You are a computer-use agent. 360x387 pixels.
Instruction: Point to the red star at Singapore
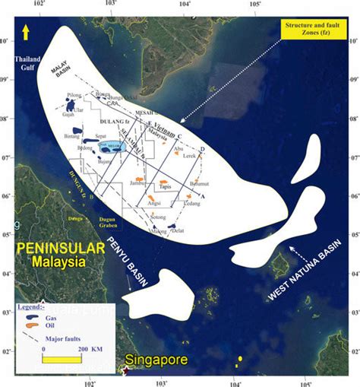coord(124,370)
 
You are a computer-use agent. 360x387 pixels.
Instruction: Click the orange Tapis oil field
coord(164,183)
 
